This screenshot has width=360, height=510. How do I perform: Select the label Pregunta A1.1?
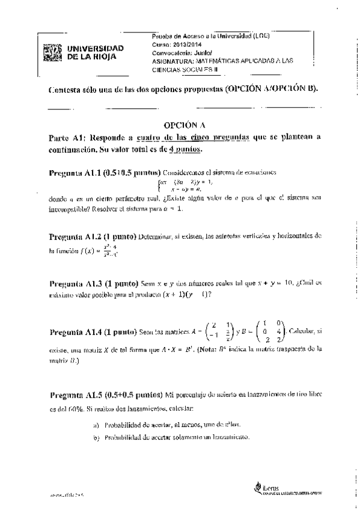73,173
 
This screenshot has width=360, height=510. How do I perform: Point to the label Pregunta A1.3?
74,282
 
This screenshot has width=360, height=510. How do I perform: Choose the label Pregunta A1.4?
73,331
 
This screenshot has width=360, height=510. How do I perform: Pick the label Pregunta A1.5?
73,395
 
